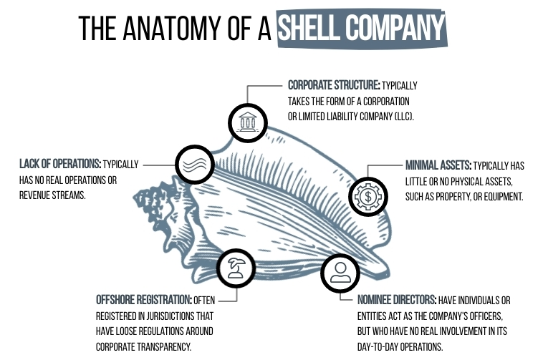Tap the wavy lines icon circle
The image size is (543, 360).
tap(194, 163)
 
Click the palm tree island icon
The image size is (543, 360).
tap(236, 269)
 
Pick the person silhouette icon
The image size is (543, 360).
tap(339, 272)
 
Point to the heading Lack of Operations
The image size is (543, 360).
tap(59, 164)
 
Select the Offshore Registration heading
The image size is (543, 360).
tap(143, 299)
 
